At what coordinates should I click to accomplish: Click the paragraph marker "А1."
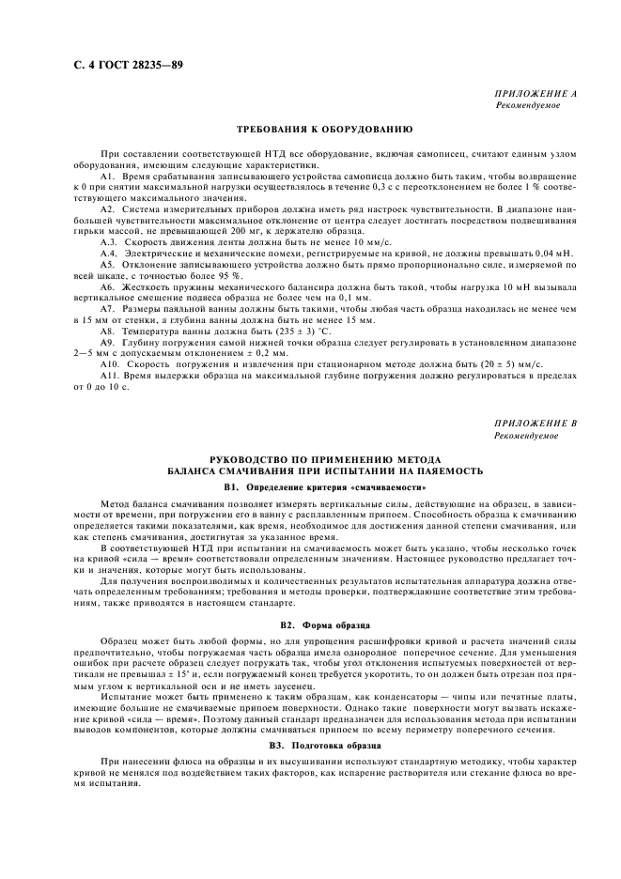click(x=107, y=177)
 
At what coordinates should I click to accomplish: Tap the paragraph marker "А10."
click(x=110, y=362)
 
